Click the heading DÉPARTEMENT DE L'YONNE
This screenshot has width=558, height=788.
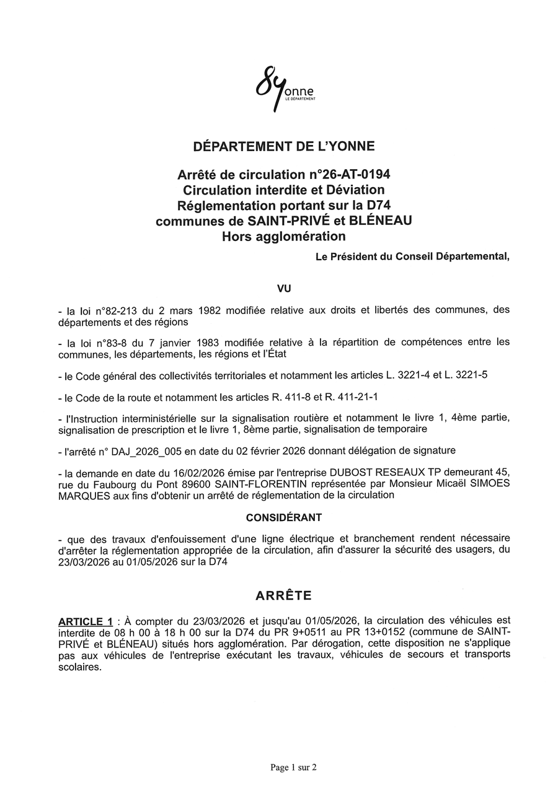[284, 147]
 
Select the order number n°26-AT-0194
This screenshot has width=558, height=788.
[353, 175]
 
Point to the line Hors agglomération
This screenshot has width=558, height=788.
[283, 236]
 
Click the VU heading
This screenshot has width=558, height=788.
[284, 289]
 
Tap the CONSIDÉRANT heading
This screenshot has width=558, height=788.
[284, 517]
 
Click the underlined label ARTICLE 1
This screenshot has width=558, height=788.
[86, 621]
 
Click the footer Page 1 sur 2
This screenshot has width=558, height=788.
[293, 768]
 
